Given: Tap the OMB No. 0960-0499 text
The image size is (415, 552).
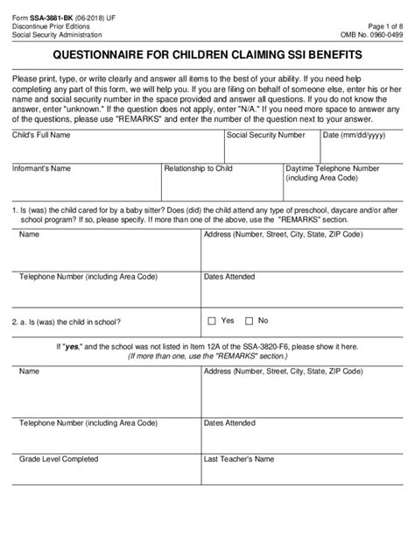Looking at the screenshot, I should [373, 34].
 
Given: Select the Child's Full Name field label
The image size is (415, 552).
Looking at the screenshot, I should [41, 136].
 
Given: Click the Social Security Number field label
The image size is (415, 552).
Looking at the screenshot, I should [266, 136].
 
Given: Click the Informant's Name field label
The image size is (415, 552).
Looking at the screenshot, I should [42, 167].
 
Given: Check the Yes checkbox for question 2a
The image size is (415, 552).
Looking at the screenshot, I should [212, 321].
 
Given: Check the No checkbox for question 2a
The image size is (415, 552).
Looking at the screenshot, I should [250, 321].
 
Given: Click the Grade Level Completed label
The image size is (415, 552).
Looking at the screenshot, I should [59, 483].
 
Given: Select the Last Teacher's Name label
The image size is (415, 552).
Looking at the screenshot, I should [241, 483].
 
